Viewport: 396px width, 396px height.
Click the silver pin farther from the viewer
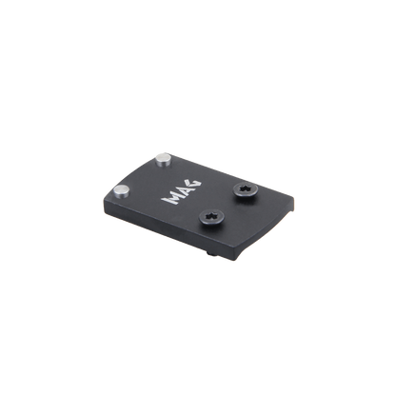click(x=164, y=160)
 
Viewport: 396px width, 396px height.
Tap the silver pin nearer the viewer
click(x=122, y=191)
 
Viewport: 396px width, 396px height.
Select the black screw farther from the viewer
click(x=246, y=188)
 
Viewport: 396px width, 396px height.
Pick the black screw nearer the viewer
click(x=211, y=216)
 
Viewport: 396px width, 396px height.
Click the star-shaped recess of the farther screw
click(x=246, y=188)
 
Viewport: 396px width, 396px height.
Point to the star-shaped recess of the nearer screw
click(x=211, y=215)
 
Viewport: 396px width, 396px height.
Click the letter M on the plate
click(x=170, y=199)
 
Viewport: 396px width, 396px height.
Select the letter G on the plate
click(x=194, y=184)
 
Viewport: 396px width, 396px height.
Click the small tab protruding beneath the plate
click(x=209, y=252)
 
